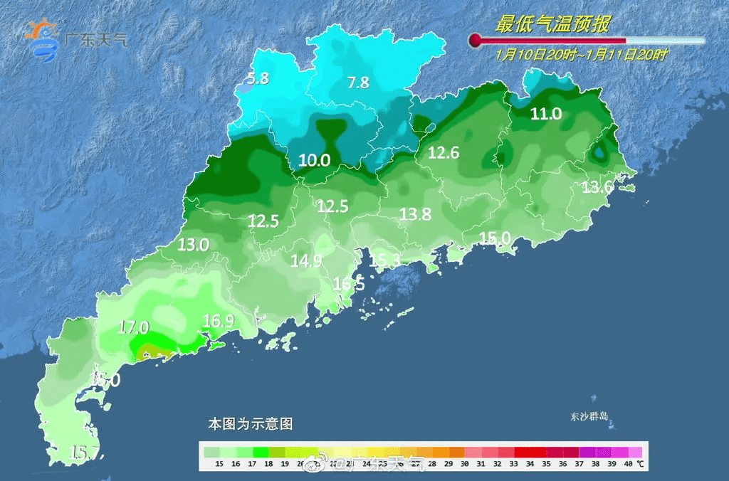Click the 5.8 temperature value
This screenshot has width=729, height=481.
(258, 78)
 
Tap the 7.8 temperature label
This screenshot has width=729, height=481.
(358, 83)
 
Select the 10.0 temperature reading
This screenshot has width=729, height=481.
(314, 160)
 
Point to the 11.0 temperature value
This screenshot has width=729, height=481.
(546, 113)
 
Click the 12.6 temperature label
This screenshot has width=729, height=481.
(444, 152)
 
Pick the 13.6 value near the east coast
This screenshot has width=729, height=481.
(597, 187)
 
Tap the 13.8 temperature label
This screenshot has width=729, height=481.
(416, 213)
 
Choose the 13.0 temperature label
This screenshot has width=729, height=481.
(193, 245)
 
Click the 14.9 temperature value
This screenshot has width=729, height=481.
(306, 260)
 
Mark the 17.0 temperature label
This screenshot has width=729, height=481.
(133, 327)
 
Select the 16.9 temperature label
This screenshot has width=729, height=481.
(218, 321)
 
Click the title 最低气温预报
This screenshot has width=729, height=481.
(552, 24)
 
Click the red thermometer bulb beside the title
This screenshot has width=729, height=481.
(475, 41)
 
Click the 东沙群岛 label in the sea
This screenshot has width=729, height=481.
(589, 416)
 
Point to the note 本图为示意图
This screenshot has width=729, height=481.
(250, 423)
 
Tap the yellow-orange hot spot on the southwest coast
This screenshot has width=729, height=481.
(151, 349)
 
